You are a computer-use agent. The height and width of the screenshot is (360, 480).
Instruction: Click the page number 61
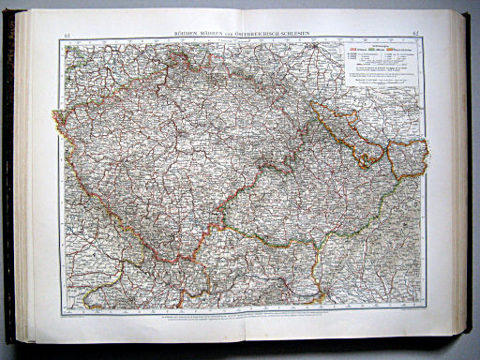tap(67, 36)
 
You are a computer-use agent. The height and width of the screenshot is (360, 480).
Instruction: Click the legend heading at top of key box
tap(378, 44)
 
